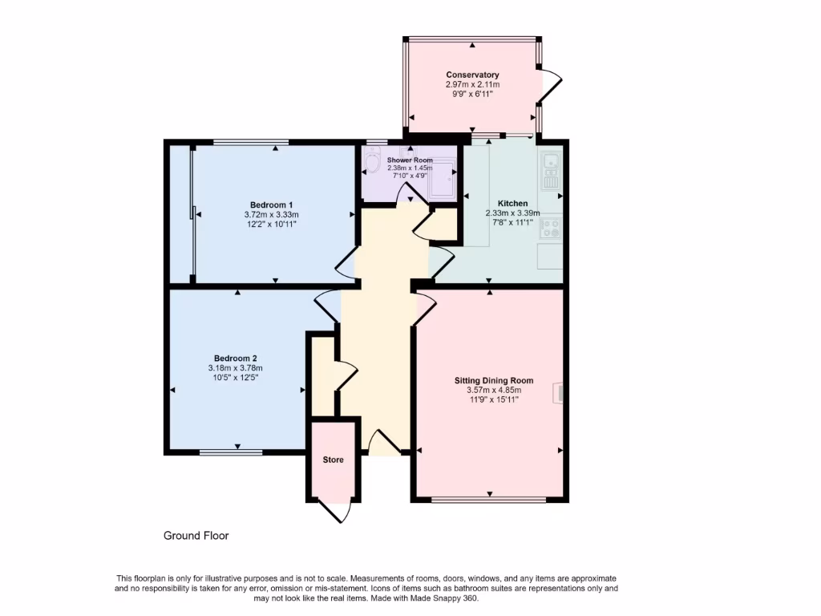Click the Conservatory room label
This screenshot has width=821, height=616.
click(472, 75)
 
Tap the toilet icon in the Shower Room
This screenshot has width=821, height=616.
click(370, 164)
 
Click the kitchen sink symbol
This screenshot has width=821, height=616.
click(551, 169)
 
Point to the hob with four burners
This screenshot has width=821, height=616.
click(551, 228)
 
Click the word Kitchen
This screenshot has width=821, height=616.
click(512, 203)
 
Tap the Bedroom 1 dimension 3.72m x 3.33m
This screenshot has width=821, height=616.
click(271, 214)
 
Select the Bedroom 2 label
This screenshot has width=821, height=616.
click(235, 358)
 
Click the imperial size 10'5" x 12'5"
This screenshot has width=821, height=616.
click(235, 377)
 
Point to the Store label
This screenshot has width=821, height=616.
click(333, 460)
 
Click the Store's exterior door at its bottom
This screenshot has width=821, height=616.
click(335, 510)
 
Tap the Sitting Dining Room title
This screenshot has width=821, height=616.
click(493, 380)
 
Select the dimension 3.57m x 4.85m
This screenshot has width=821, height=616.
click(493, 390)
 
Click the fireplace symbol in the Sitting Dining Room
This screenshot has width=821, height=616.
click(560, 391)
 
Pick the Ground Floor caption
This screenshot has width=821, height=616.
click(196, 535)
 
